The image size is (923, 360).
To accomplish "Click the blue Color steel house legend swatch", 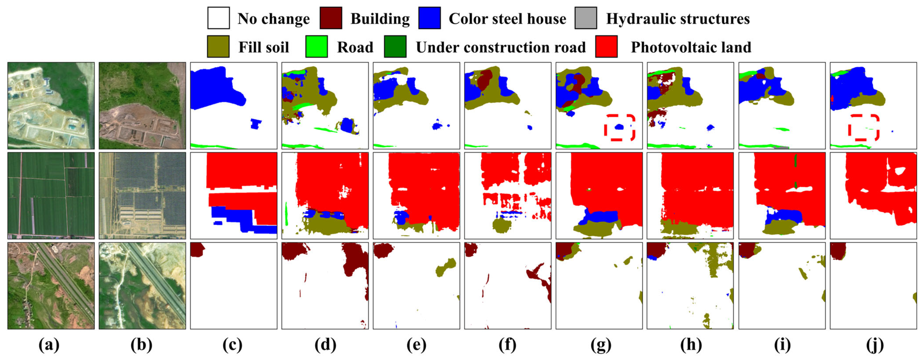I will tap(429, 18).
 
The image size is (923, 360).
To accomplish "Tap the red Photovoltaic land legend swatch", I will tap(606, 47).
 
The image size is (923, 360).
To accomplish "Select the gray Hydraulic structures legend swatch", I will tap(586, 18).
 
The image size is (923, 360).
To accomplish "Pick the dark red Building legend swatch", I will tap(331, 18).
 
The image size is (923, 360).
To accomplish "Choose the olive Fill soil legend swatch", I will tap(218, 47).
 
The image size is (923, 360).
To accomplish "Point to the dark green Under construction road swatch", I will tap(395, 47).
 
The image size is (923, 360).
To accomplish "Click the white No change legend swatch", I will tap(218, 18).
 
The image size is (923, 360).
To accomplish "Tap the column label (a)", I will tap(49, 345).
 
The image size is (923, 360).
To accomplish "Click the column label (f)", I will tap(507, 345).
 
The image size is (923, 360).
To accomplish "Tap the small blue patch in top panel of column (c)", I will tap(256, 124).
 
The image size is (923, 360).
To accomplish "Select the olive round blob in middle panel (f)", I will tap(502, 226).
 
